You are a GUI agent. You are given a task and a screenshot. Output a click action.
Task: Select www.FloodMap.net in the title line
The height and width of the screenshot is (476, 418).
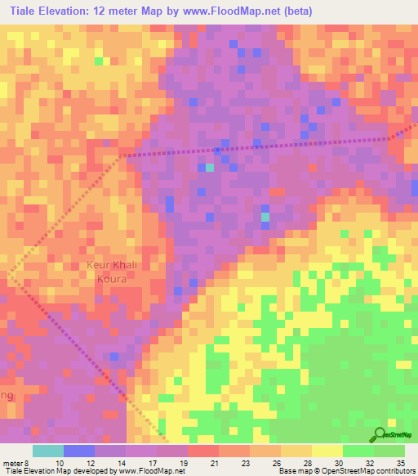pos(242,11)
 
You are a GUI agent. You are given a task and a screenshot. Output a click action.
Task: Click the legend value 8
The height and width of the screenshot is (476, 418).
pos(29,462)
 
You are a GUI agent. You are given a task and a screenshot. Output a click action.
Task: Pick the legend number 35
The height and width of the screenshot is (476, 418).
pos(400,462)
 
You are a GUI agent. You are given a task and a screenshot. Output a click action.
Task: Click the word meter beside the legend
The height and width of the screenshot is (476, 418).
pos(12,462)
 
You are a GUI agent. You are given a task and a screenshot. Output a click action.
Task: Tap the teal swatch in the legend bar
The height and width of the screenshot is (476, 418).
pos(48,451)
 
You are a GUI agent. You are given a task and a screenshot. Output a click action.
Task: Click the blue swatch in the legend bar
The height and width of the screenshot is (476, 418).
pos(79,451)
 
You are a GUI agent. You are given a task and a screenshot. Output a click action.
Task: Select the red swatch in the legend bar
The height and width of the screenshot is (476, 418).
pos(203,451)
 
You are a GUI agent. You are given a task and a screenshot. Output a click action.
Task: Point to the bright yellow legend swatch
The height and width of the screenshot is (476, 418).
pos(327,451)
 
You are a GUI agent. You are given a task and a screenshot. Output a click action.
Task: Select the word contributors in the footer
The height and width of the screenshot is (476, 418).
pos(393,471)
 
